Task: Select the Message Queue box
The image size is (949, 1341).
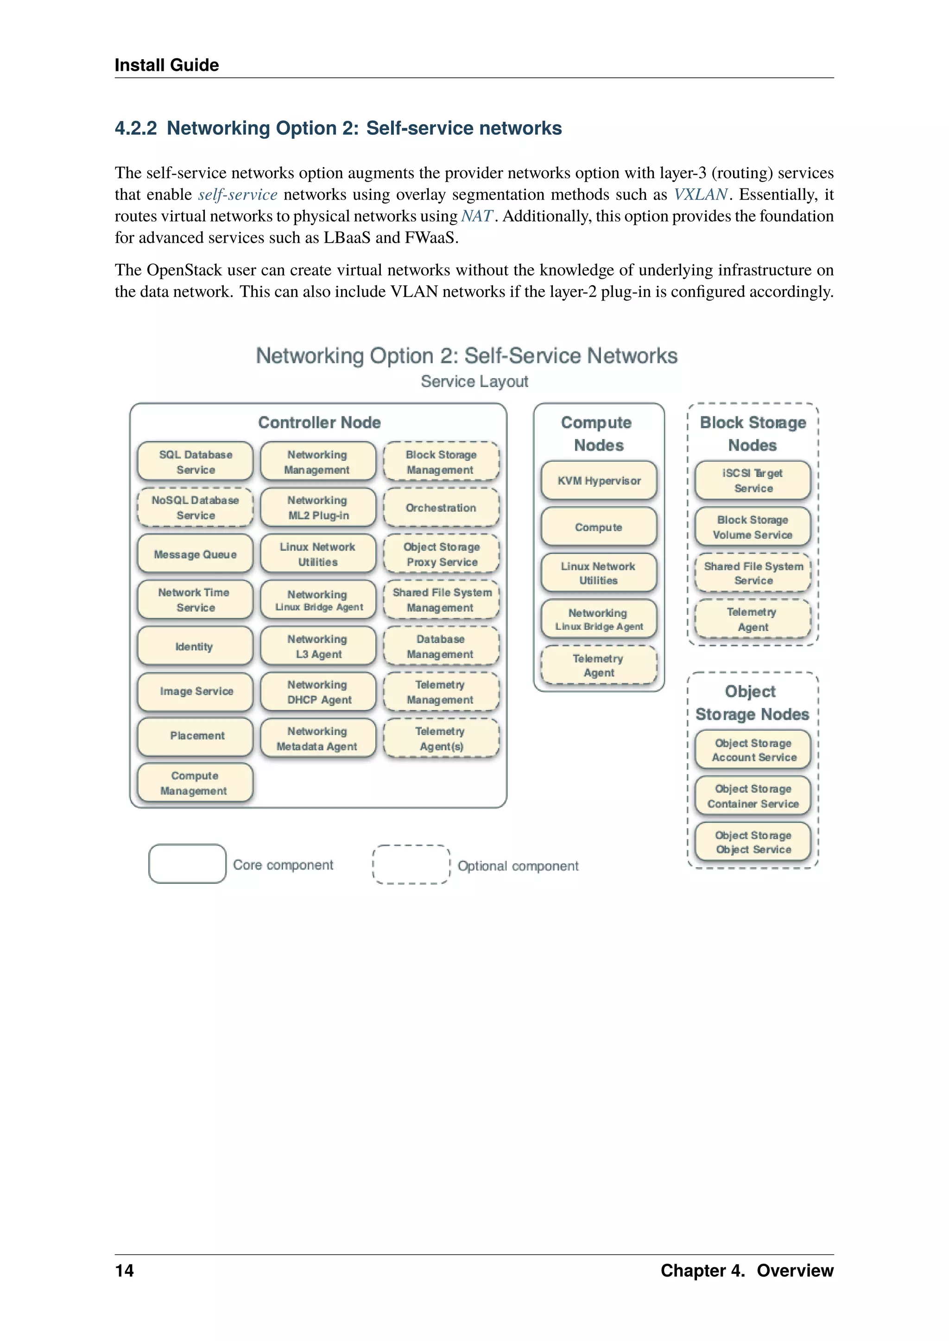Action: pyautogui.click(x=195, y=554)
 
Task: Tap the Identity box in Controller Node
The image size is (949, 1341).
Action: pyautogui.click(x=195, y=646)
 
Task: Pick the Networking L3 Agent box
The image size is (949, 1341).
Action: pyautogui.click(x=318, y=646)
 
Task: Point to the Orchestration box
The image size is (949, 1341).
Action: pyautogui.click(x=441, y=508)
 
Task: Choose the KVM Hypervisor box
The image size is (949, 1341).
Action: pyautogui.click(x=599, y=481)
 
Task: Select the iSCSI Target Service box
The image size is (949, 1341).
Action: pyautogui.click(x=753, y=481)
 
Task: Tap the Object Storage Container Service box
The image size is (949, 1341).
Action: pyautogui.click(x=753, y=796)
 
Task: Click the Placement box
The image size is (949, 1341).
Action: pyautogui.click(x=195, y=736)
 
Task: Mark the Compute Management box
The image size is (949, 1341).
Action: pyautogui.click(x=195, y=783)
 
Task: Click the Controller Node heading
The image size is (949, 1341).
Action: pyautogui.click(x=319, y=422)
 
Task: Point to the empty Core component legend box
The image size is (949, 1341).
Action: pyautogui.click(x=187, y=864)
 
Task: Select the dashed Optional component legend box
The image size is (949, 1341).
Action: pyautogui.click(x=411, y=865)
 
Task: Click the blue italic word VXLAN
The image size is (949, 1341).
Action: pyautogui.click(x=700, y=194)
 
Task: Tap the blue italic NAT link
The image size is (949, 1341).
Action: pyautogui.click(x=477, y=216)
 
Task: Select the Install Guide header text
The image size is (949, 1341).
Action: pyautogui.click(x=166, y=65)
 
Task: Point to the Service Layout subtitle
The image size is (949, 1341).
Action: pyautogui.click(x=474, y=382)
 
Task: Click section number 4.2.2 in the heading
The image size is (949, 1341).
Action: pyautogui.click(x=136, y=128)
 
